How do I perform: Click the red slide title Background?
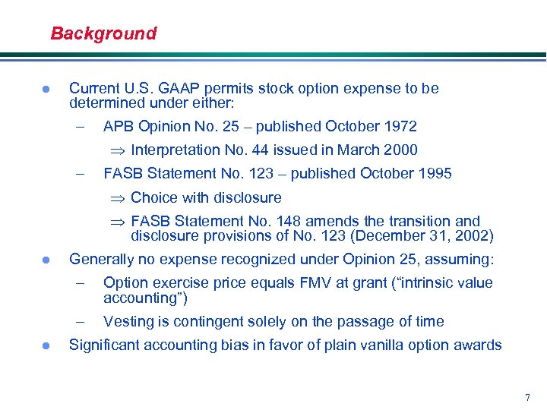coord(103,33)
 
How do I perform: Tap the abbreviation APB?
coord(119,126)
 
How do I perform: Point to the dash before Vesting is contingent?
coord(80,321)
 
